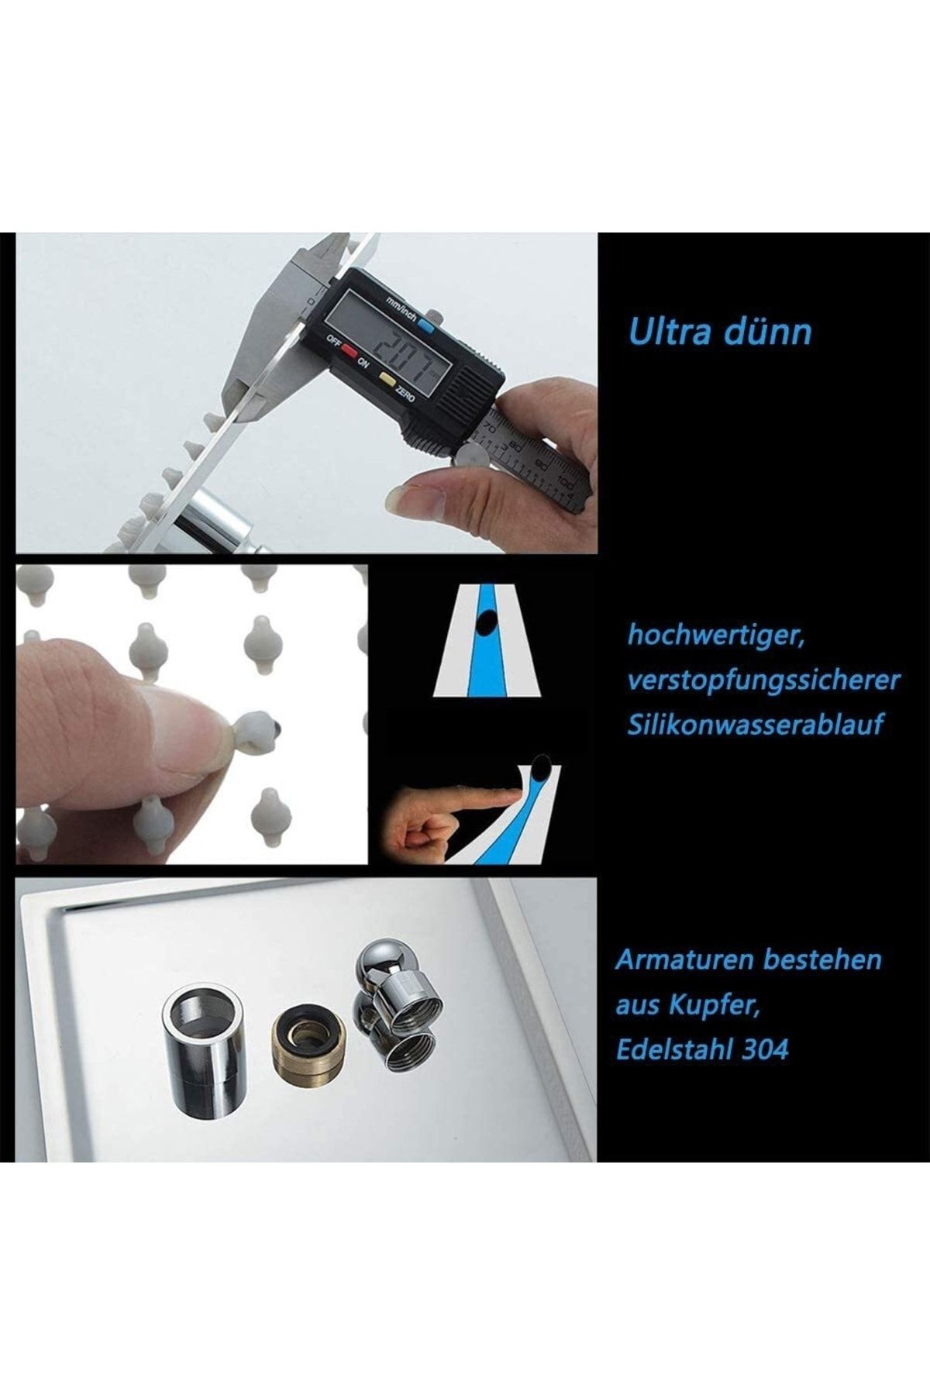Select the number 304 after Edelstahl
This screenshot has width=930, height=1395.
coord(766,1050)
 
